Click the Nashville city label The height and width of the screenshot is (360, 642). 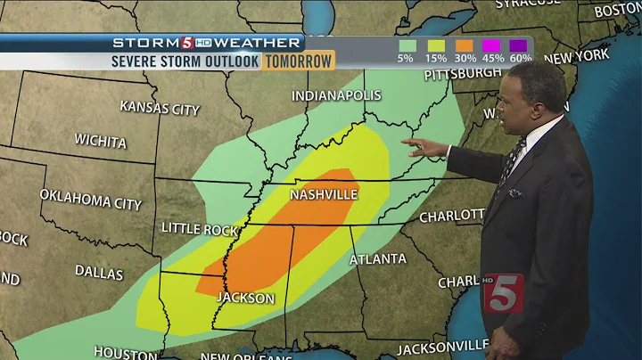tap(324, 194)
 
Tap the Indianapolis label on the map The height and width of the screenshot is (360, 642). tap(336, 95)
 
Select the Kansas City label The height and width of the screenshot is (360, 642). tap(160, 108)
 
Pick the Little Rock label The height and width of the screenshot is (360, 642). tap(199, 228)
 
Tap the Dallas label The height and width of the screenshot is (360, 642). tap(99, 272)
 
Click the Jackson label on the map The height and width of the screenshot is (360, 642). tap(246, 298)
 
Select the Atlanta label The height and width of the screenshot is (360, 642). tap(376, 259)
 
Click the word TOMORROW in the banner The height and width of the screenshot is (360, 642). tap(298, 61)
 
